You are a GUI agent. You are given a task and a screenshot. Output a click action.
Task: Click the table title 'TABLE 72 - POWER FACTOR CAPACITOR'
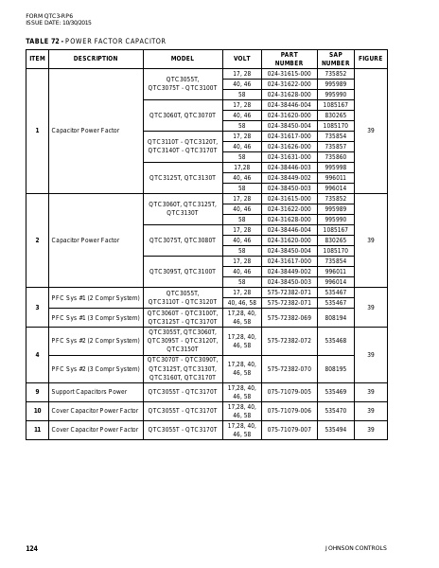pos(96,42)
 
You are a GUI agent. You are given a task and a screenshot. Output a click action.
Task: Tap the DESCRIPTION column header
pos(96,59)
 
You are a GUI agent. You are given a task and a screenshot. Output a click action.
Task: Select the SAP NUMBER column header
pos(335,59)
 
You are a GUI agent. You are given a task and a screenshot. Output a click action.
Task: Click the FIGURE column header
pos(371,59)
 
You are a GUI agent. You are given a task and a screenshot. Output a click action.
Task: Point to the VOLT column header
pos(242,59)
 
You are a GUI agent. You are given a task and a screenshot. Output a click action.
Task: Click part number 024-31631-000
pos(289,156)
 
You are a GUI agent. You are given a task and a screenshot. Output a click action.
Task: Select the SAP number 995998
pos(335,167)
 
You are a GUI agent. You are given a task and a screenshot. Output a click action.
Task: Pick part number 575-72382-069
pos(289,317)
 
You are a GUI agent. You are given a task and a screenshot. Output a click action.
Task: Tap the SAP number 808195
pos(335,368)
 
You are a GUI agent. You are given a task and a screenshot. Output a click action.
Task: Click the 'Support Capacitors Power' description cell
pos(89,391)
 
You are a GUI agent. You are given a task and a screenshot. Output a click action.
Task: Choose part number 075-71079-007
pos(289,430)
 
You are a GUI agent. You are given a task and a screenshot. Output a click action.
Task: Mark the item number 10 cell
pos(37,411)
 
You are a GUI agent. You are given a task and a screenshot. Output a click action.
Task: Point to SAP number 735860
pos(335,156)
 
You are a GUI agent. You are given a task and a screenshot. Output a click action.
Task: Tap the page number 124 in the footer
pos(31,548)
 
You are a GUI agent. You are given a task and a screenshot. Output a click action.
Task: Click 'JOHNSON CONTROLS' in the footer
pos(356,548)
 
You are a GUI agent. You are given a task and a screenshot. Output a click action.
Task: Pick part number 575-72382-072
pos(289,340)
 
